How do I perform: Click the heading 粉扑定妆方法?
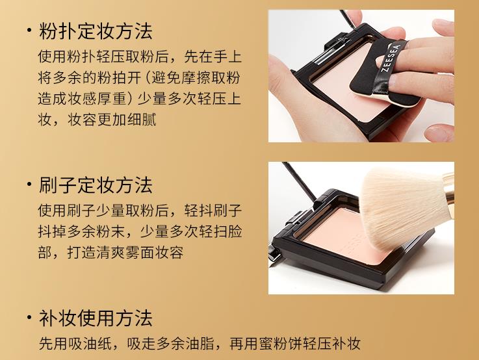tap(96, 31)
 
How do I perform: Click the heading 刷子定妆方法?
tap(96, 185)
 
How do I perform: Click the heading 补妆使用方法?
tap(96, 318)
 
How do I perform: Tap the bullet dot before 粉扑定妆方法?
tap(29, 30)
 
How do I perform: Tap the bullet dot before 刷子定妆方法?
tap(29, 184)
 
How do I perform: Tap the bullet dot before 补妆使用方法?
tap(29, 317)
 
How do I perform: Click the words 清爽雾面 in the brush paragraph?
tap(125, 252)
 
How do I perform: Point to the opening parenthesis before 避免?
tap(146, 78)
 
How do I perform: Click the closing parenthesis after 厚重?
tap(129, 99)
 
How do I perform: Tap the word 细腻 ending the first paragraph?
tap(142, 120)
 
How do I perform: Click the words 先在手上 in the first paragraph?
tap(213, 57)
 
